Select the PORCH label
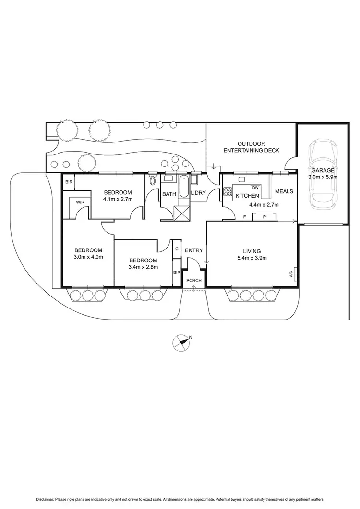(x=194, y=280)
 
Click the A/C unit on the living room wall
(x=294, y=275)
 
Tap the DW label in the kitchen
(x=255, y=188)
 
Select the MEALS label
(x=284, y=192)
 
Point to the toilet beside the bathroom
(x=153, y=180)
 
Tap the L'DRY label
(x=198, y=194)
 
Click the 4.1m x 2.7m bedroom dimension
(x=118, y=199)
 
